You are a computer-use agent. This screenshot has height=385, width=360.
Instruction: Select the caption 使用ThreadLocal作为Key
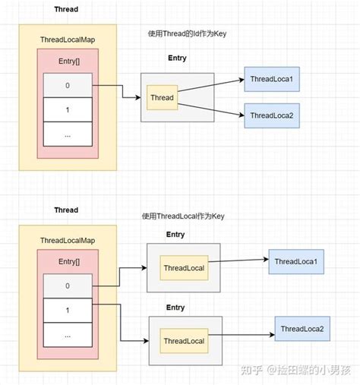[182, 216]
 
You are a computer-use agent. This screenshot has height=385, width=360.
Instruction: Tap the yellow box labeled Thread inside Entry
[162, 97]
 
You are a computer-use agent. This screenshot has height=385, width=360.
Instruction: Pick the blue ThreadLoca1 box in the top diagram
[270, 79]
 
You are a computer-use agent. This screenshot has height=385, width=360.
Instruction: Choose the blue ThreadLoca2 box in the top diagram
[270, 115]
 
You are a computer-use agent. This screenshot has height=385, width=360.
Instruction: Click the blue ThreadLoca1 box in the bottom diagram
[295, 261]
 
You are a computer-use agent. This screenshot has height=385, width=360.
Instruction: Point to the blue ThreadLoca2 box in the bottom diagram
[302, 328]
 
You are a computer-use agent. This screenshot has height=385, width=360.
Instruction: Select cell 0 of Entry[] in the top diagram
[67, 85]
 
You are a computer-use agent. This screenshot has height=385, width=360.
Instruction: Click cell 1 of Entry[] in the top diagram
[67, 109]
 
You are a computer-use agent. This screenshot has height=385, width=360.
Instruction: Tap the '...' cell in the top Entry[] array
[67, 134]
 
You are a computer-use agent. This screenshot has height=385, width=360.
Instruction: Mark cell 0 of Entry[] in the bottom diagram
[67, 286]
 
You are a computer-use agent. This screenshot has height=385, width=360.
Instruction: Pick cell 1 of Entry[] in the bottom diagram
[67, 311]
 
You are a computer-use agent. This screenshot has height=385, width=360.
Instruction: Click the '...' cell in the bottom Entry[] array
[67, 335]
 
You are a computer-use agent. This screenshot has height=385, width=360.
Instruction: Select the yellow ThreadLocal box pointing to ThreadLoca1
[183, 268]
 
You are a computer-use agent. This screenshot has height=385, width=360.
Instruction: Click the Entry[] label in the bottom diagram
[67, 261]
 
